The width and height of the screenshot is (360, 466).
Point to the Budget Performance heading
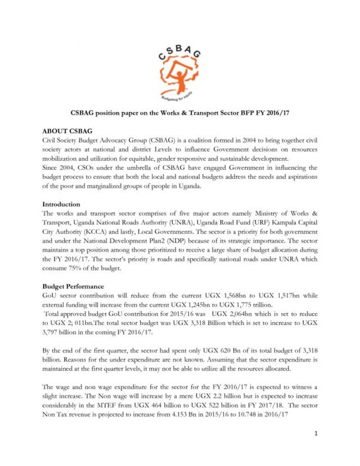[74, 286]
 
